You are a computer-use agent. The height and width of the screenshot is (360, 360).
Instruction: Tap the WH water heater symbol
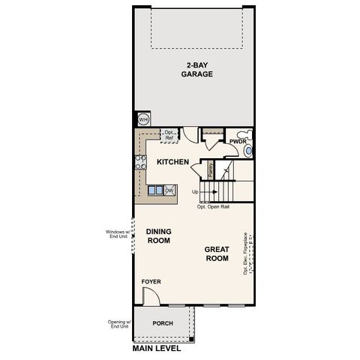coord(142,118)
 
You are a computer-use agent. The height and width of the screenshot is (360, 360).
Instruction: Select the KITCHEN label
coord(172,162)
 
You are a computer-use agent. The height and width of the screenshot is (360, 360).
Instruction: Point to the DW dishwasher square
coord(169,190)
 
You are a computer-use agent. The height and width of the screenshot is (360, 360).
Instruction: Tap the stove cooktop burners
coord(139,162)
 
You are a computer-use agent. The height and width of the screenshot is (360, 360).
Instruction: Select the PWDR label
coord(238,141)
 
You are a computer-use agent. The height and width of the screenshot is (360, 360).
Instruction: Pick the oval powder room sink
coord(249,151)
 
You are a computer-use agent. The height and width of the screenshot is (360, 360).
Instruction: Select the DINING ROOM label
coord(158,236)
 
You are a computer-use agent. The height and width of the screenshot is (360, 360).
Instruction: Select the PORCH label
coord(163,323)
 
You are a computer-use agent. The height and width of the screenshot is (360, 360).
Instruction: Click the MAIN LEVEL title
coord(157,349)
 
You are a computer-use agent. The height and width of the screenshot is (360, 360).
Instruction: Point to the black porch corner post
coord(191,339)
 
